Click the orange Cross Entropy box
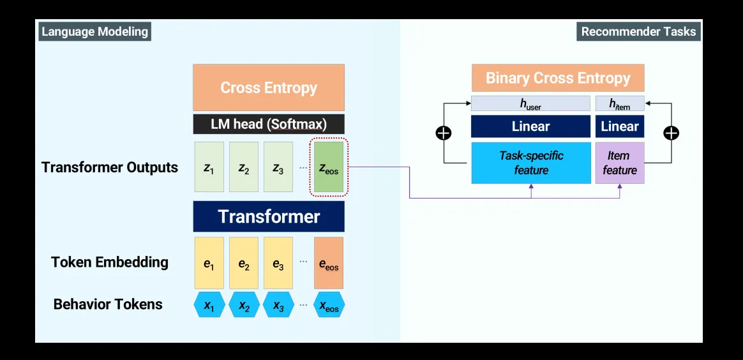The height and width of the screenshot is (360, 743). pos(269,87)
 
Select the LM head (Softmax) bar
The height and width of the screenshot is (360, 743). pos(269,124)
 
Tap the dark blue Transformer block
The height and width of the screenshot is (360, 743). pos(269,216)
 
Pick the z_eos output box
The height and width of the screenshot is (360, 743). pos(329,167)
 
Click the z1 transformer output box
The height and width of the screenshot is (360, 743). pos(209,167)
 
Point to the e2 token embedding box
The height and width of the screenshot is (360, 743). pos(244,262)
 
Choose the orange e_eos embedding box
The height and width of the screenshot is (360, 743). pos(329,262)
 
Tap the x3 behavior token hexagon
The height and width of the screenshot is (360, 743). pos(278,305)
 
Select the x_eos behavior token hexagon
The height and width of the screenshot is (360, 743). pos(329,305)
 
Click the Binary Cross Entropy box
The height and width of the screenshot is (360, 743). pos(558,78)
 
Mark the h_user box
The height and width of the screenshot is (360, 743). pos(530,103)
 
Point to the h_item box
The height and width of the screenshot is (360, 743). pos(619,103)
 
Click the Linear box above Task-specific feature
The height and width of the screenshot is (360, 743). pos(530,126)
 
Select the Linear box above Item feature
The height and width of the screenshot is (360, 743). pos(619,126)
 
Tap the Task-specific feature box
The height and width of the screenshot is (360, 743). pos(530,163)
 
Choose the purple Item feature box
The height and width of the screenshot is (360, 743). pos(619,163)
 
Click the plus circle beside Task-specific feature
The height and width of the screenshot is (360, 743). pos(443,133)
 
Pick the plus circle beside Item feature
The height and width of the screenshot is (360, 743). pos(671,133)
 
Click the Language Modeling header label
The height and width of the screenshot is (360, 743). pos(94,31)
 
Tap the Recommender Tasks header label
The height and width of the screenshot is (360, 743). pos(638,31)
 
